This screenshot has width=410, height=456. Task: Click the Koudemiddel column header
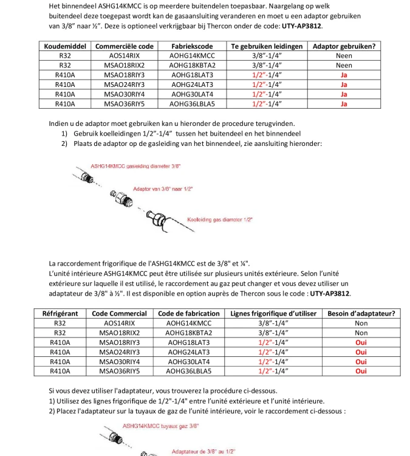(64, 46)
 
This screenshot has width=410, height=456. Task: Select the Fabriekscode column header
(192, 46)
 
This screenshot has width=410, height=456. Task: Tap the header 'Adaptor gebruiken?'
(343, 46)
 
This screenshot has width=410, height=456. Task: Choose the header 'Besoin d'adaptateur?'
(361, 314)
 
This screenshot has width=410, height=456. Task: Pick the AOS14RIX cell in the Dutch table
(124, 55)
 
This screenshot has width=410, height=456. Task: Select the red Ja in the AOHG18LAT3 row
(344, 75)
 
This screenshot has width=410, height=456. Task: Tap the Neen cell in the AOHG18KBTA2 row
(344, 65)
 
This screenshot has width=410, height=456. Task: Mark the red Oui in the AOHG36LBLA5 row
(361, 371)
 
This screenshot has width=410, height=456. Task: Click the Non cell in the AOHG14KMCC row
(361, 323)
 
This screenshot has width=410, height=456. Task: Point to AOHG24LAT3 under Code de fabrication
(188, 352)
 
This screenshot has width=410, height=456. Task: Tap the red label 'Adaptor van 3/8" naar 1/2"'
(162, 190)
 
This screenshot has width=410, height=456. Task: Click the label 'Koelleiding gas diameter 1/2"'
(220, 219)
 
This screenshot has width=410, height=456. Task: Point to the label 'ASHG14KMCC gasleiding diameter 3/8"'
(135, 166)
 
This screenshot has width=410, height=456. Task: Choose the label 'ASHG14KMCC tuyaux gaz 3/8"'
(160, 426)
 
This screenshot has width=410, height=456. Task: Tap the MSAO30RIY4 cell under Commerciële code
(124, 94)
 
